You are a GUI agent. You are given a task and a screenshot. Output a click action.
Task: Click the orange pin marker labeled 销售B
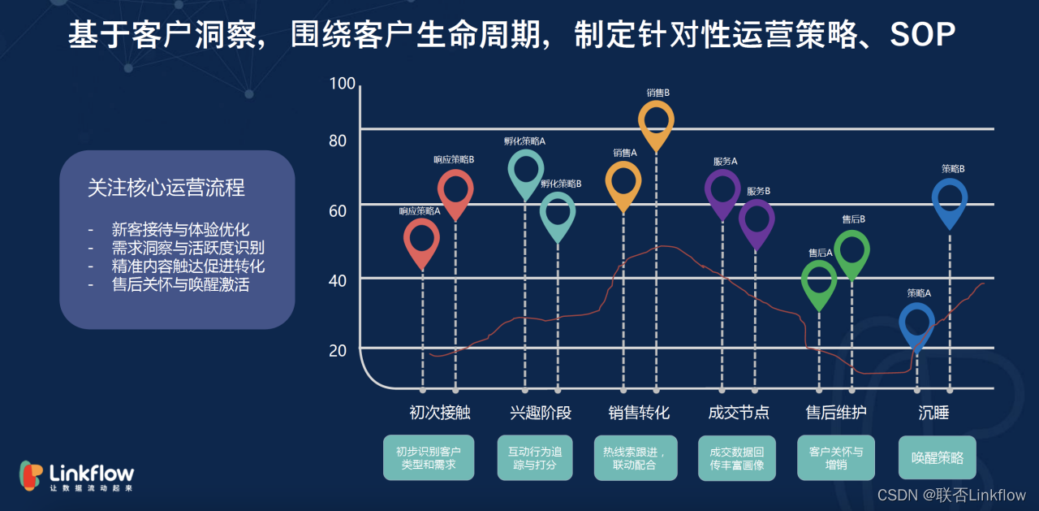click(656, 122)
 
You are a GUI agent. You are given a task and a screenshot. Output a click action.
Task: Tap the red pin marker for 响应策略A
click(422, 240)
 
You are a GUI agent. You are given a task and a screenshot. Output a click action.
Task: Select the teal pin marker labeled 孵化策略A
click(526, 171)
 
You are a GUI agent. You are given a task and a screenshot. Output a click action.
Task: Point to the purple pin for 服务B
click(757, 220)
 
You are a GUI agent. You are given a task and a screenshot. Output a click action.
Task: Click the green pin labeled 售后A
click(819, 281)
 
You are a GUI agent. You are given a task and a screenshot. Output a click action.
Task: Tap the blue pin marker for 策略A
click(917, 324)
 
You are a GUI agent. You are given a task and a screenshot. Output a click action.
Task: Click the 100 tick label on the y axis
click(343, 84)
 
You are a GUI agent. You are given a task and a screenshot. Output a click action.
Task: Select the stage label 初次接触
click(440, 413)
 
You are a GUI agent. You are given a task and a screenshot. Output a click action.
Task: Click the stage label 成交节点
click(739, 413)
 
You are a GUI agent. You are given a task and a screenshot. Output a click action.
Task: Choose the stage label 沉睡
click(933, 413)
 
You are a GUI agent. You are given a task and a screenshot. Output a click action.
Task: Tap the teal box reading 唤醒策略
click(937, 458)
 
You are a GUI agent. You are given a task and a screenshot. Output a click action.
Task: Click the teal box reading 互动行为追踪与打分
click(535, 458)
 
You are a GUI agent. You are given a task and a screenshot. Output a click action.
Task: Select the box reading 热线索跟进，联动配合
click(635, 458)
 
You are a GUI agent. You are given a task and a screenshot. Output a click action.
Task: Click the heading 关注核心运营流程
click(166, 188)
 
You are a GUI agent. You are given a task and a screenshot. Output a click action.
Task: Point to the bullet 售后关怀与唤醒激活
click(179, 285)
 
